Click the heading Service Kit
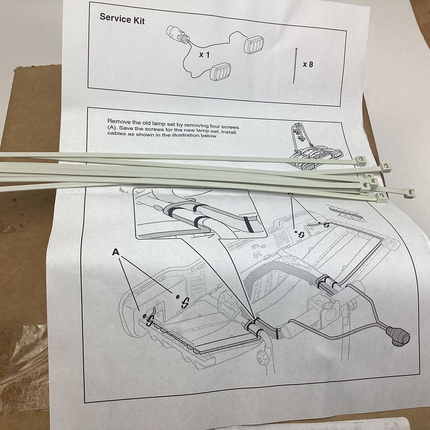pos(122,18)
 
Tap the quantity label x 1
pos(204,54)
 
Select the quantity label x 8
pos(308,64)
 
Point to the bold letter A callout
pos(116,252)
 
